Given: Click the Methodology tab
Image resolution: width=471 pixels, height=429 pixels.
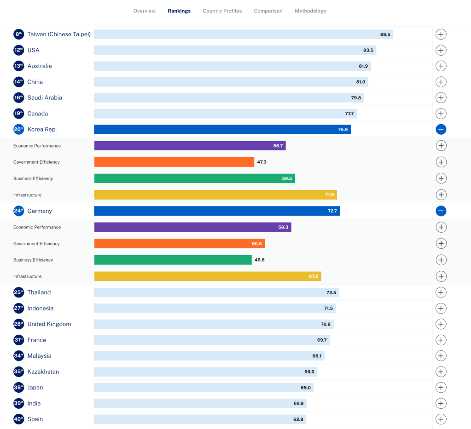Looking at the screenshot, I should click(310, 11).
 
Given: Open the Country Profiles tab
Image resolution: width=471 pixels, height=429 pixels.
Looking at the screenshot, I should click(222, 11).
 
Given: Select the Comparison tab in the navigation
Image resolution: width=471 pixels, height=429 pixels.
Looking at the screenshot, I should click(268, 11).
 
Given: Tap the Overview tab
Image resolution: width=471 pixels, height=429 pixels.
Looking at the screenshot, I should click(144, 11).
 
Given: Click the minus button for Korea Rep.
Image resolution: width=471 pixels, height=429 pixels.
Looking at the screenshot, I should click(441, 130).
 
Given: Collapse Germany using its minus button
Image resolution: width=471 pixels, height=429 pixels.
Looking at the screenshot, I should click(441, 211).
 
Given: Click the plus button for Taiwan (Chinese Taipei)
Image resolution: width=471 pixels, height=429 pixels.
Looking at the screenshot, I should click(441, 34).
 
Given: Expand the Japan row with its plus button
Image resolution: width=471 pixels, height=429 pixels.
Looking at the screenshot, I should click(441, 388).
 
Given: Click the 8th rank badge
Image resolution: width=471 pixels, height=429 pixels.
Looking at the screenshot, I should click(18, 34).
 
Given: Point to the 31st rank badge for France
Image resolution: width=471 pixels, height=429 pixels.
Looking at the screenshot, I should click(18, 340).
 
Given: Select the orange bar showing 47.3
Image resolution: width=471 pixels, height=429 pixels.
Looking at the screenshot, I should click(174, 162).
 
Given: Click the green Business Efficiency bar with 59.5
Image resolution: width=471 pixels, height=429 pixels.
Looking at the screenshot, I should click(194, 178).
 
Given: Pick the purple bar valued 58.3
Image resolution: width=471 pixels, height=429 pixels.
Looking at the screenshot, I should click(192, 227).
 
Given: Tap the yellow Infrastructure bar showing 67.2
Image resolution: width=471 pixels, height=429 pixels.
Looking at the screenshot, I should click(207, 276).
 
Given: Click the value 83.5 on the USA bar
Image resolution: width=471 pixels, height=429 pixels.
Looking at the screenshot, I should click(368, 50).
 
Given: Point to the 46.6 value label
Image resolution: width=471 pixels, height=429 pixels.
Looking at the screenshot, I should click(260, 260).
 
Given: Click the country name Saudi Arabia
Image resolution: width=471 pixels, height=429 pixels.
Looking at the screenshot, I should click(45, 98).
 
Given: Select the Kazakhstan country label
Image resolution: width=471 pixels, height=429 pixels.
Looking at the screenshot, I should click(43, 372).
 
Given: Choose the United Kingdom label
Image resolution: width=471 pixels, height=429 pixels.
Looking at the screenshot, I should click(49, 324).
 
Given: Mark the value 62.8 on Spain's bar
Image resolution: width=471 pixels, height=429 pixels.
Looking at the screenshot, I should click(298, 419).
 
